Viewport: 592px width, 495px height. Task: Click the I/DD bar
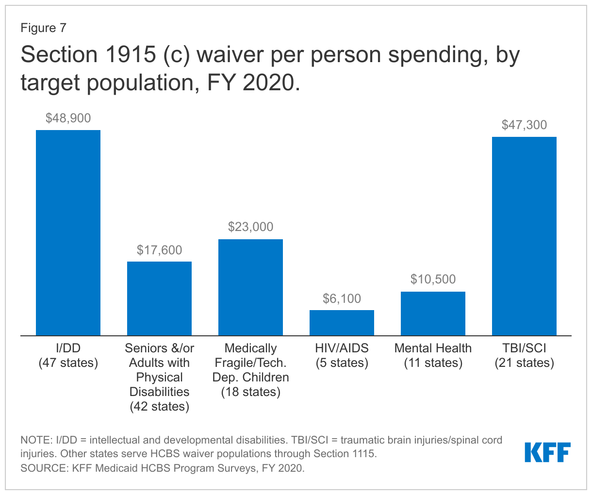(68, 232)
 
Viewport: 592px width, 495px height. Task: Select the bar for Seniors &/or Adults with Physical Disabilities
(159, 298)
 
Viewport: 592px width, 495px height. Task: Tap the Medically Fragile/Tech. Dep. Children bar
(250, 287)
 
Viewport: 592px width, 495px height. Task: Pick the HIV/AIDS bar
(342, 323)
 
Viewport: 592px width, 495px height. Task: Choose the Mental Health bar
(433, 313)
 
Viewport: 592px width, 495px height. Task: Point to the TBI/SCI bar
(524, 236)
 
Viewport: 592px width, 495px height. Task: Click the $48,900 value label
(68, 118)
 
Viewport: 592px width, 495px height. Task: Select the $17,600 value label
(159, 250)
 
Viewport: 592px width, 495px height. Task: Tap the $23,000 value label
(250, 227)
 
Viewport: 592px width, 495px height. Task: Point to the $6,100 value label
(342, 298)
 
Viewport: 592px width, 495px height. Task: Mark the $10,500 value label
(433, 279)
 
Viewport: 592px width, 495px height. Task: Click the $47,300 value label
(524, 125)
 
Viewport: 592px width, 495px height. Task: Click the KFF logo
(547, 452)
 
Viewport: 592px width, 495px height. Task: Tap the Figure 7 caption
(43, 28)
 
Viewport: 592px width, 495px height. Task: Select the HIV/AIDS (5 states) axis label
(342, 355)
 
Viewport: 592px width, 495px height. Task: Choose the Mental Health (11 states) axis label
(433, 355)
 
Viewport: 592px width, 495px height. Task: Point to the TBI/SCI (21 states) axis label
(524, 355)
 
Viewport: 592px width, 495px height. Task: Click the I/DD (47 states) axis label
(68, 355)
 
